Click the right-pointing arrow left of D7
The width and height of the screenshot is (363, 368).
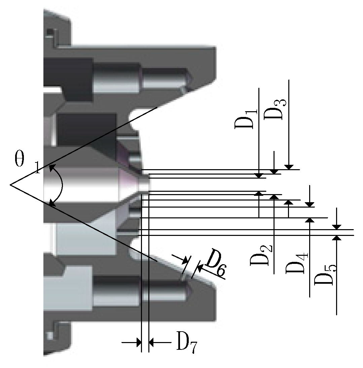(138, 343)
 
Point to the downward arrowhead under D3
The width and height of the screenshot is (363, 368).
(289, 167)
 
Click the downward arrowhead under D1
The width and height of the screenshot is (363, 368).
(259, 175)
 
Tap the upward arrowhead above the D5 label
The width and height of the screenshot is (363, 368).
(337, 238)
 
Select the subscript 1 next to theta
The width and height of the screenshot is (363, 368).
(38, 168)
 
